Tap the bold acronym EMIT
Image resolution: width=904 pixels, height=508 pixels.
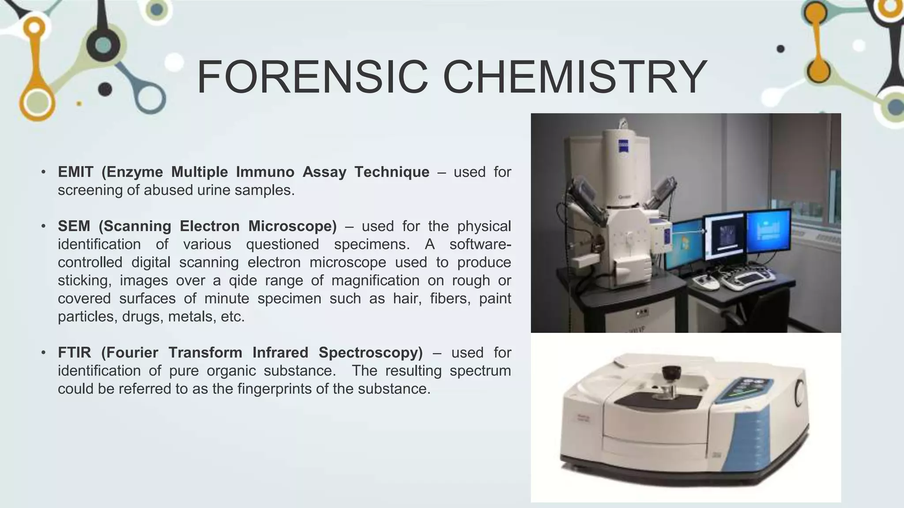pyautogui.click(x=75, y=172)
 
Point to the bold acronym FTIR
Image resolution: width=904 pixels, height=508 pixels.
pyautogui.click(x=75, y=353)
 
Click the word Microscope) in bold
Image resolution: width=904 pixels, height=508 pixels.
pyautogui.click(x=292, y=226)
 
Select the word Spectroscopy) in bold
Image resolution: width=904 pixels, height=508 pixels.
pyautogui.click(x=370, y=353)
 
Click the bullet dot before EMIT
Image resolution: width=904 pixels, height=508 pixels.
pyautogui.click(x=43, y=172)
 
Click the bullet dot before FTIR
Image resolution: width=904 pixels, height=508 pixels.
pyautogui.click(x=43, y=353)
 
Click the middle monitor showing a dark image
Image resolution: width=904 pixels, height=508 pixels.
pyautogui.click(x=724, y=234)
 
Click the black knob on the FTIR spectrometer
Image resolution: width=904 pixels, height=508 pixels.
pyautogui.click(x=671, y=373)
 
